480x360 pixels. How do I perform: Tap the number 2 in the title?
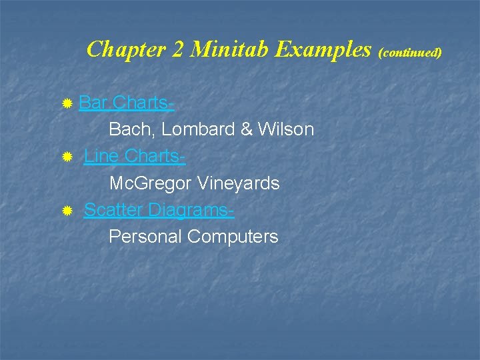pos(179,49)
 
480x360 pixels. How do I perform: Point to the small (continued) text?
pos(410,51)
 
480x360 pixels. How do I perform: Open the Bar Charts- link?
pos(127,103)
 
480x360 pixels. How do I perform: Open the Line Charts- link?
pos(135,157)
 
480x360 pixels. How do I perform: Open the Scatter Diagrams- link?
pos(159,210)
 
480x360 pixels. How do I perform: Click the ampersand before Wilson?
pos(246,129)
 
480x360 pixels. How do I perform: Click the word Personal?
pos(145,237)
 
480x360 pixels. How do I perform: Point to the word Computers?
pos(233,237)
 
